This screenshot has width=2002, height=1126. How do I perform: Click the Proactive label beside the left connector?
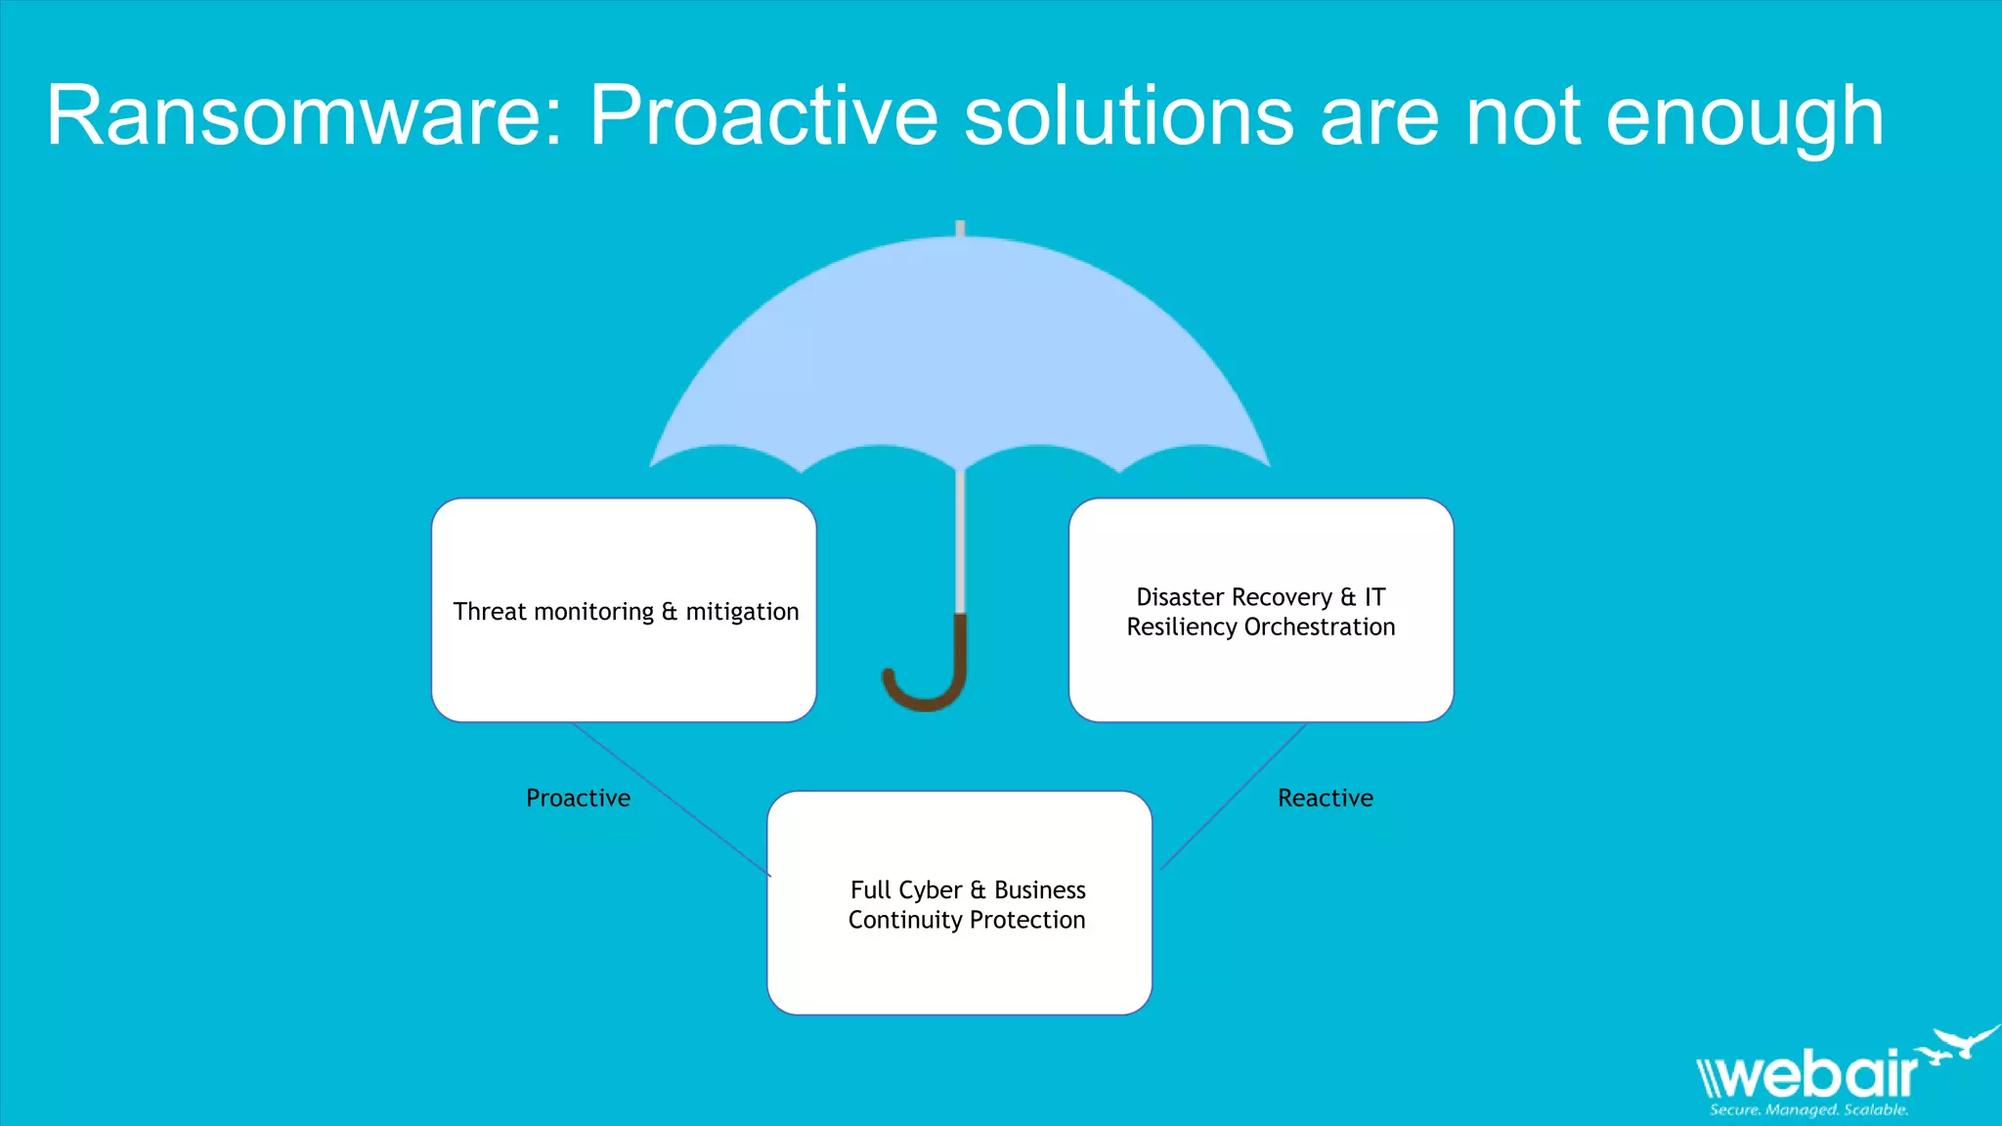click(x=578, y=799)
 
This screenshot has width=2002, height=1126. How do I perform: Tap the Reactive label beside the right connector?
click(x=1325, y=799)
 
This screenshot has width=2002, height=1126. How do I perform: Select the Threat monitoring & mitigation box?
click(x=624, y=547)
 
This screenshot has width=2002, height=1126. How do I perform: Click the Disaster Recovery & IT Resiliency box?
click(x=1260, y=674)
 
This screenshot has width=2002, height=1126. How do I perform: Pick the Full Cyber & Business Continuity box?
click(x=959, y=968)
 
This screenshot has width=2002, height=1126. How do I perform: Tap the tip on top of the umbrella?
click(x=960, y=229)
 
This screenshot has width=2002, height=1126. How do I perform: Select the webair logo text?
click(x=1808, y=1075)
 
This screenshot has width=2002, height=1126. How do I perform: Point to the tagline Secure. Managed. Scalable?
click(x=1808, y=1110)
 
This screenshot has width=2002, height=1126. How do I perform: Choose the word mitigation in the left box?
click(x=742, y=613)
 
